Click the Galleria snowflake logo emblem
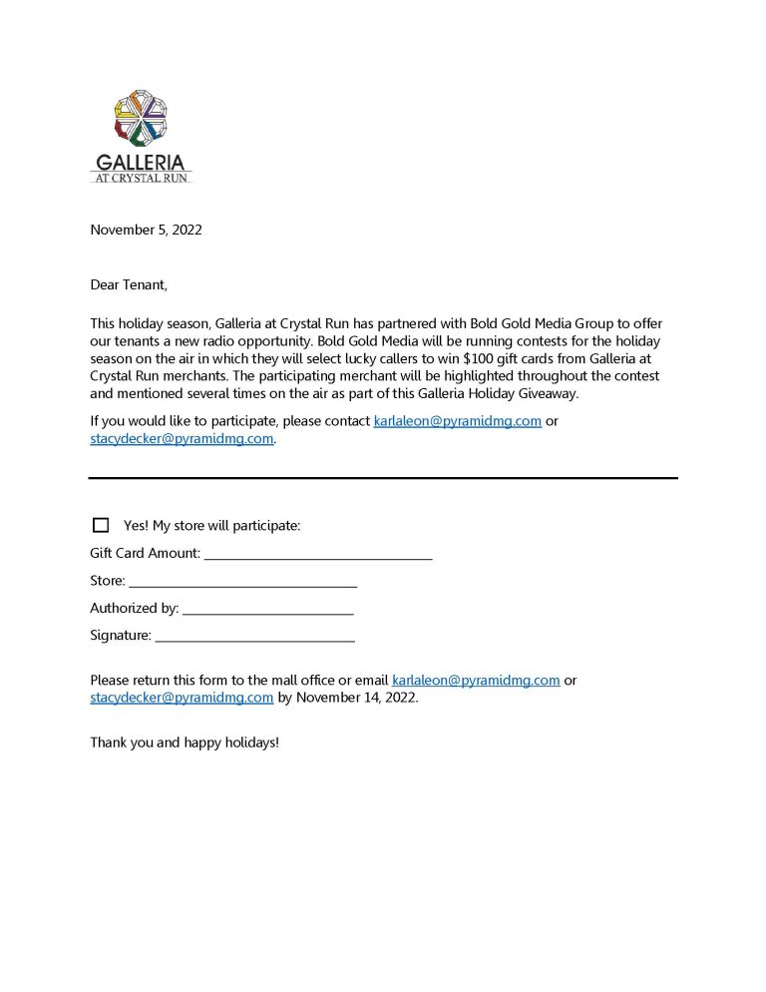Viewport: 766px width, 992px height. pyautogui.click(x=141, y=118)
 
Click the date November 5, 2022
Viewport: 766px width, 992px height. pyautogui.click(x=146, y=230)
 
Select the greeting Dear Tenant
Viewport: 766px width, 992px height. pyautogui.click(x=129, y=285)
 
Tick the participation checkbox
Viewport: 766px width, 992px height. pyautogui.click(x=101, y=525)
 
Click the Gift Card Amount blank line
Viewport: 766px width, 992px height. pyautogui.click(x=318, y=555)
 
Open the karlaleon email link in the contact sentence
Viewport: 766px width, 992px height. pyautogui.click(x=458, y=421)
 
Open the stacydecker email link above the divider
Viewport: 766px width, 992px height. pyautogui.click(x=182, y=439)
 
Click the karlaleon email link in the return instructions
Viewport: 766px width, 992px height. pyautogui.click(x=476, y=681)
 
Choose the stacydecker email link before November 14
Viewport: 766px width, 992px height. pyautogui.click(x=182, y=699)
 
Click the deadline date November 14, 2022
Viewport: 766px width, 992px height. pyautogui.click(x=357, y=699)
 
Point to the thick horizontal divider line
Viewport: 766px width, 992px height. pyautogui.click(x=383, y=478)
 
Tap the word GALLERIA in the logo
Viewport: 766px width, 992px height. pyautogui.click(x=141, y=162)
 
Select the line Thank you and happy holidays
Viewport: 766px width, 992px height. pyautogui.click(x=185, y=744)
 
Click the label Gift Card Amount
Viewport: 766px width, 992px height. pyautogui.click(x=145, y=553)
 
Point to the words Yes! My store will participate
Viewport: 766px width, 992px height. pyautogui.click(x=211, y=525)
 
